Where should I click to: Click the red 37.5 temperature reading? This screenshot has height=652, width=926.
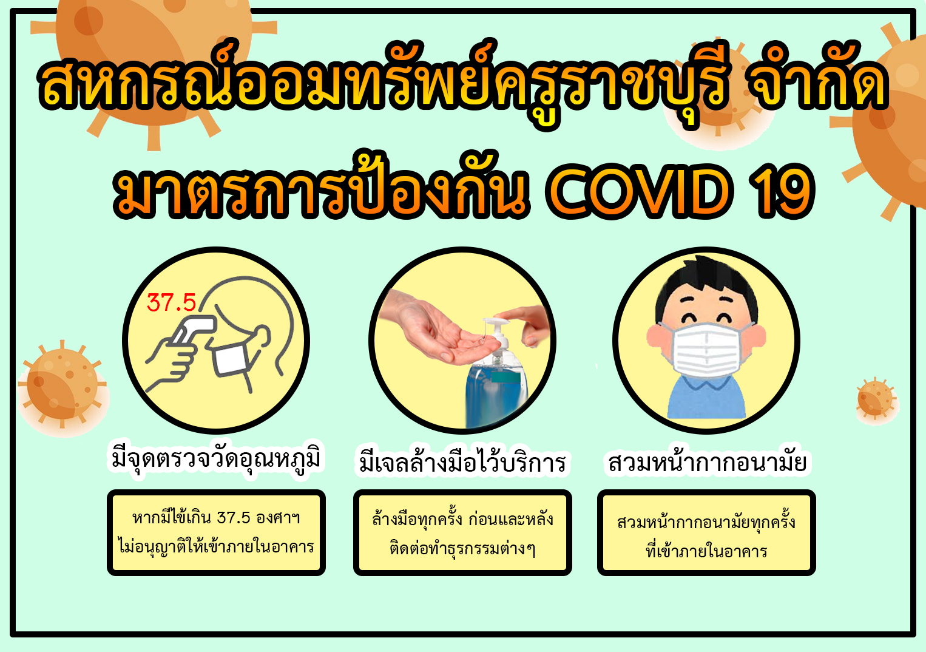tap(171, 303)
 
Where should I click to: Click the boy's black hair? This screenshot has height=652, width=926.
tap(706, 285)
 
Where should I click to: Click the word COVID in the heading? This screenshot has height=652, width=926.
tap(639, 191)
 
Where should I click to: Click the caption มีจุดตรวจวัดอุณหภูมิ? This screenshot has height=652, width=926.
tap(216, 460)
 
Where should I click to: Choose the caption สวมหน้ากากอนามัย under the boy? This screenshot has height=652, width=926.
tap(708, 461)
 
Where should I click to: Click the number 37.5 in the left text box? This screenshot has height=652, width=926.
tap(234, 518)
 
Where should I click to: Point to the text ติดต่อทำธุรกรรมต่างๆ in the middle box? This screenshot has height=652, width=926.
tap(462, 549)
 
